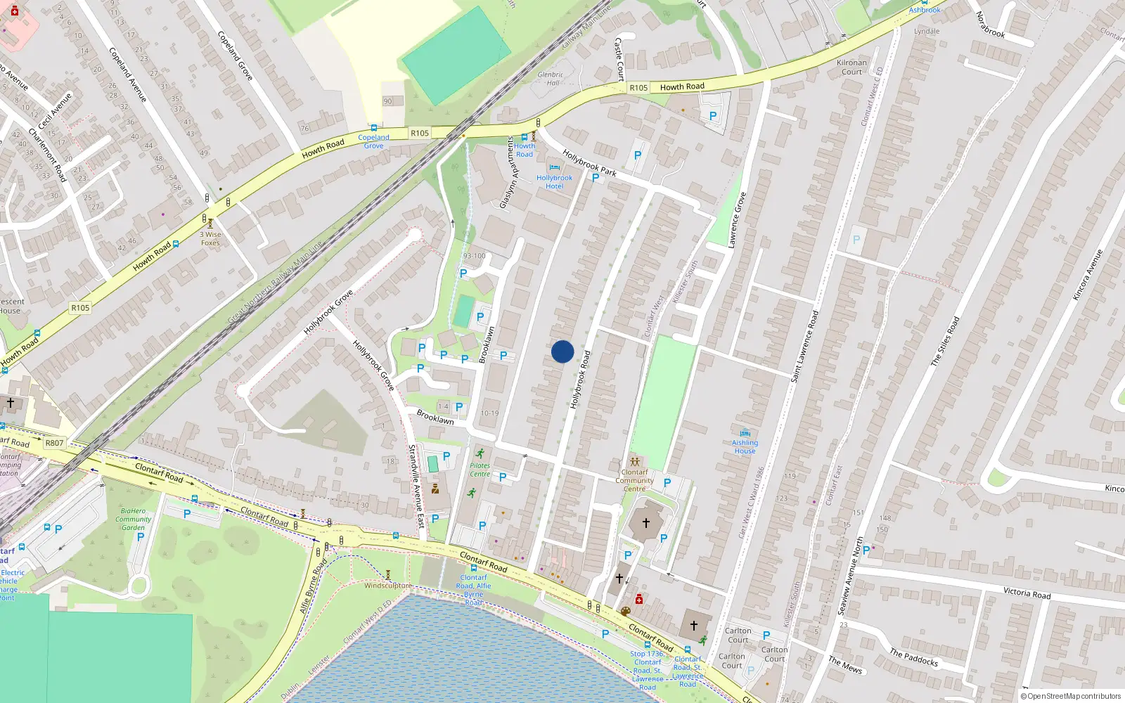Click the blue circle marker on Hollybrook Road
(562, 351)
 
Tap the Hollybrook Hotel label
(554, 182)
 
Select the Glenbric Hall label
(551, 79)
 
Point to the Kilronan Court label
(851, 67)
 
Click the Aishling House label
(745, 447)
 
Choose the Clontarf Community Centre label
(634, 481)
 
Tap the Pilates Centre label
(480, 470)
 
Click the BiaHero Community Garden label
(133, 520)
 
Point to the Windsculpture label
(388, 586)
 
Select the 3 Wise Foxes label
(210, 239)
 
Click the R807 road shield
(54, 443)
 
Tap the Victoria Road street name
(1027, 593)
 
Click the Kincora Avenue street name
(1087, 275)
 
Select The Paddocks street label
(913, 657)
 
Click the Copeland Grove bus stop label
(373, 141)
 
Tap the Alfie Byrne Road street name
(314, 586)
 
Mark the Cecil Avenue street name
(55, 111)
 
